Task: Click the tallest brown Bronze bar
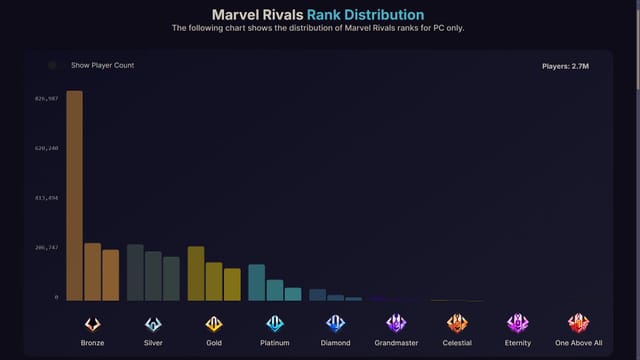[74, 195]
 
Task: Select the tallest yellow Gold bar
[196, 273]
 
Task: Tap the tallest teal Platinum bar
[256, 282]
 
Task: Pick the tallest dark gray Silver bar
[135, 272]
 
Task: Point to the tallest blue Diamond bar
[317, 294]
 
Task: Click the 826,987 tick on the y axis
[47, 99]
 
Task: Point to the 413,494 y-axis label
[47, 198]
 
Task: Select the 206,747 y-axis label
[47, 247]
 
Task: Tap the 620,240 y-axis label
[47, 148]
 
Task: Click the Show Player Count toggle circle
[53, 66]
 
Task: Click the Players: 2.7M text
[566, 67]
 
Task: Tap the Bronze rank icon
[92, 323]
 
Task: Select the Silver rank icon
[153, 323]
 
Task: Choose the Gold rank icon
[214, 323]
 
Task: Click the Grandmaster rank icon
[396, 323]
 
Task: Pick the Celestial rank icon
[457, 323]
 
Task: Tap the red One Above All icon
[578, 323]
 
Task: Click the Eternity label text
[517, 343]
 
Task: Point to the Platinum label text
[275, 343]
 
